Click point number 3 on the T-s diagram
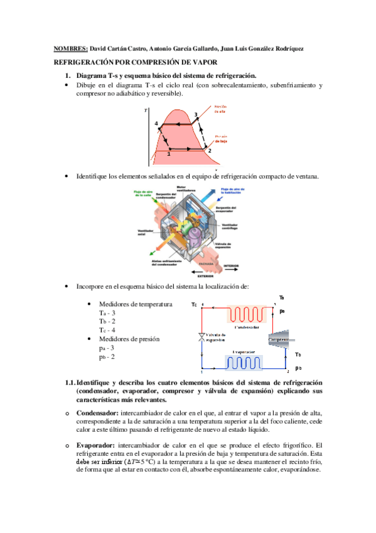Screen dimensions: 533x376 (196, 114)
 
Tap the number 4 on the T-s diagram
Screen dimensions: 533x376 (156, 123)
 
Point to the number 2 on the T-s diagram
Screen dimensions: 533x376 (210, 151)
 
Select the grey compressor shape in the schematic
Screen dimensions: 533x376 (280, 341)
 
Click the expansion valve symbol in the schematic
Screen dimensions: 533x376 (201, 338)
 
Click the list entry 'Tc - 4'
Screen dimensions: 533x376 (107, 330)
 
